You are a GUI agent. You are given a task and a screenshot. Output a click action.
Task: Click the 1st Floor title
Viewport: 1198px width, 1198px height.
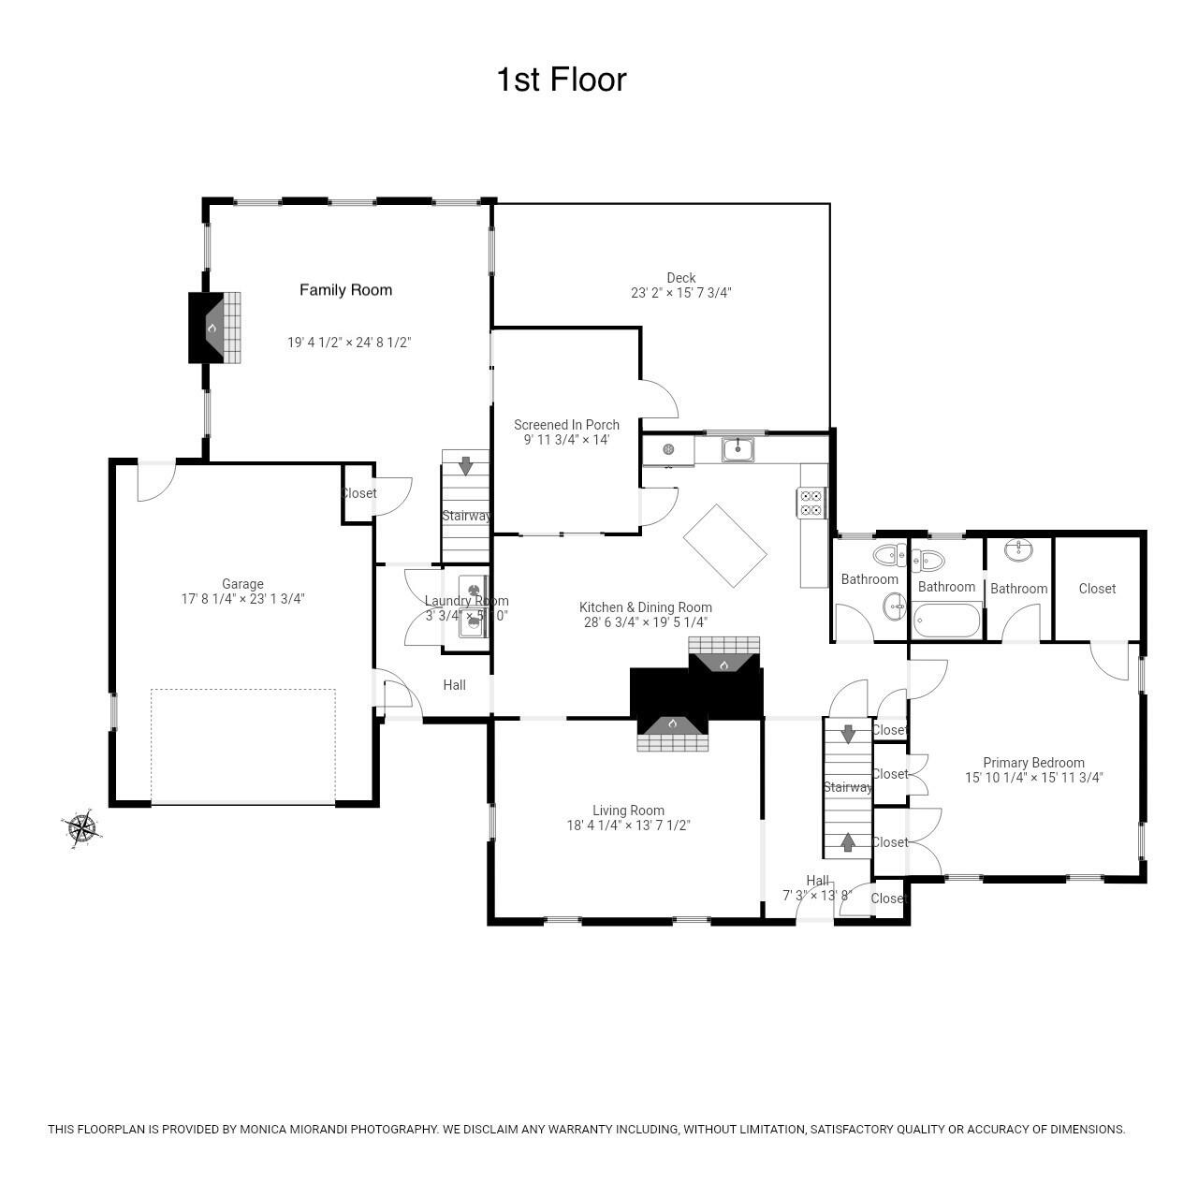561,80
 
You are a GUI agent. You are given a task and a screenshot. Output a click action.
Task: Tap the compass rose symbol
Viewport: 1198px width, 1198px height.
81,827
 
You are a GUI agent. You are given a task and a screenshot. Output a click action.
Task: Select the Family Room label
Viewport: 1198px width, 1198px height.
345,290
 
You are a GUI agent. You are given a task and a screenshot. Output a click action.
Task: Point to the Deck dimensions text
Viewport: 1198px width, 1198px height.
680,293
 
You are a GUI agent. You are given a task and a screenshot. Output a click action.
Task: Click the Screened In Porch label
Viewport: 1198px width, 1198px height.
566,425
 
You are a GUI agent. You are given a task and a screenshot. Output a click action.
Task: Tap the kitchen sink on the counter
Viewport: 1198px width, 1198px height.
738,449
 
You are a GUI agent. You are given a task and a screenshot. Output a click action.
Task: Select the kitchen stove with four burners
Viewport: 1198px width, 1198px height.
811,504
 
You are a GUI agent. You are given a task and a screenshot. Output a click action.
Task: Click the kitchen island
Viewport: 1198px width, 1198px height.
725,546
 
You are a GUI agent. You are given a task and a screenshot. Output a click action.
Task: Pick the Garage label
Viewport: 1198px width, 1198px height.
242,584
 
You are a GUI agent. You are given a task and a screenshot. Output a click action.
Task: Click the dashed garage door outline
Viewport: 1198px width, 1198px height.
243,746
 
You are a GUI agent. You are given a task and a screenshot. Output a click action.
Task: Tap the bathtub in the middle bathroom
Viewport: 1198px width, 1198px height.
946,621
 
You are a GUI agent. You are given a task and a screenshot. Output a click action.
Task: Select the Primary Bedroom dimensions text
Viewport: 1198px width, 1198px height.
1034,777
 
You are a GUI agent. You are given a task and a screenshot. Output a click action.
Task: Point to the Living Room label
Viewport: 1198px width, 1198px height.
628,811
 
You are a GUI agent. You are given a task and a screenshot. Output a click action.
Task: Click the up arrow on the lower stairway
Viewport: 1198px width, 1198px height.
848,842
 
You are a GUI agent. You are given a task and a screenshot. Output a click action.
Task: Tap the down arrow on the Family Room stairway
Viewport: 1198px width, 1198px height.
465,465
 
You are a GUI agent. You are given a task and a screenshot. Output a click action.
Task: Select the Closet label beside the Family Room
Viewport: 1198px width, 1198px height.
358,493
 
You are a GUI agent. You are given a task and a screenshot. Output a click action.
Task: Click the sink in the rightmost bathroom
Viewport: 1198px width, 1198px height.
1019,550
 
